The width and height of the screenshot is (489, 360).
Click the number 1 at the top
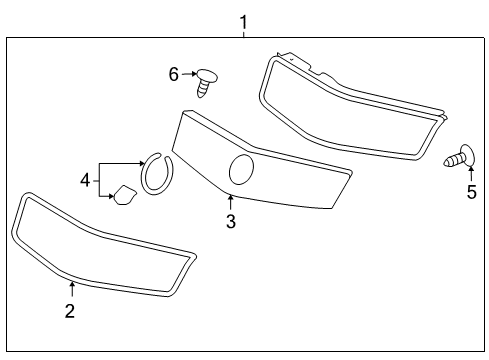pos(243,20)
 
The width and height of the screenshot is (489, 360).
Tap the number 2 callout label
pos(70,311)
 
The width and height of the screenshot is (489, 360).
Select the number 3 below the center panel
pos(230,222)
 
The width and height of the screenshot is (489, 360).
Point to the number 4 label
pos(86,180)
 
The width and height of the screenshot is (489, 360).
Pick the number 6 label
pos(173,73)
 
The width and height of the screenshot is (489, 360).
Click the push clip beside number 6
pos(207,80)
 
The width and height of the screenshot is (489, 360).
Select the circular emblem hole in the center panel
pos(241,171)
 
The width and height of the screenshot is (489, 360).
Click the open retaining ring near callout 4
pos(155,172)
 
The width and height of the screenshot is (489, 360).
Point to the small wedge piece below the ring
pos(124,195)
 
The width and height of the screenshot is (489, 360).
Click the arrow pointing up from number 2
pos(70,289)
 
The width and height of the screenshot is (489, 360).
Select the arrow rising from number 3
pos(230,203)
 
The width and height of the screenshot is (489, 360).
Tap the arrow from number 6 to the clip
pos(187,73)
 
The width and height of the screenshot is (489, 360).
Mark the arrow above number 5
pos(471,175)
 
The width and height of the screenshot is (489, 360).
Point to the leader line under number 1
pos(243,34)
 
